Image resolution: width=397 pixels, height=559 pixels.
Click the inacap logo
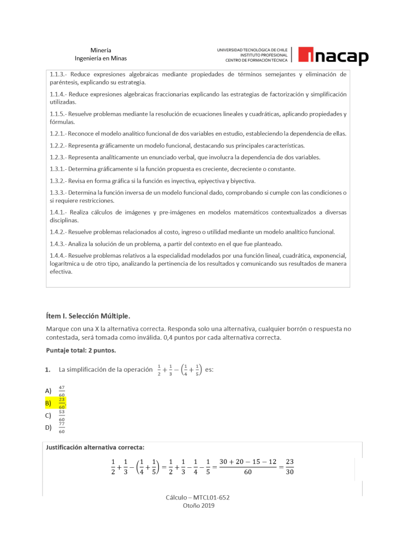(333, 55)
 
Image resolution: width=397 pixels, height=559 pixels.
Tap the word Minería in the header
(101, 50)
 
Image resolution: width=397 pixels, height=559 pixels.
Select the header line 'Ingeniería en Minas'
(101, 58)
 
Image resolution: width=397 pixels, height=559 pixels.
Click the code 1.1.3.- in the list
(58, 74)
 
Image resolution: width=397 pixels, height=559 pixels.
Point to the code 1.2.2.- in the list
(58, 145)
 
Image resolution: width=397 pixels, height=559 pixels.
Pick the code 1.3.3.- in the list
(58, 193)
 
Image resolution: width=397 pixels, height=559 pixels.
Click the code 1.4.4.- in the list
(58, 255)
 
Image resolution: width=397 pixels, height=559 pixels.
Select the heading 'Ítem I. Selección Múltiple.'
(88, 316)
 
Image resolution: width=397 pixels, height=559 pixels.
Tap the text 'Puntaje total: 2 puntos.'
(81, 350)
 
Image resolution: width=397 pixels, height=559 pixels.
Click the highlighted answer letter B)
(49, 403)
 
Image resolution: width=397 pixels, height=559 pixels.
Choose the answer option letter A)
(49, 390)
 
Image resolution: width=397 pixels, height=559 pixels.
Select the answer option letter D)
(49, 427)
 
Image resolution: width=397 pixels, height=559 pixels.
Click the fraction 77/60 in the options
(62, 427)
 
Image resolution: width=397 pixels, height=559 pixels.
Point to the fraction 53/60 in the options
(62, 415)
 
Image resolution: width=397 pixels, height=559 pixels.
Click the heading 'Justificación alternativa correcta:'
(96, 447)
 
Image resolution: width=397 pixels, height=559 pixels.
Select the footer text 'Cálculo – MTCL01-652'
(198, 498)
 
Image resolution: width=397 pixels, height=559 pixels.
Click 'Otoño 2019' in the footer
(198, 506)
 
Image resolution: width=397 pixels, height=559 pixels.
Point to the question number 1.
(48, 370)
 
